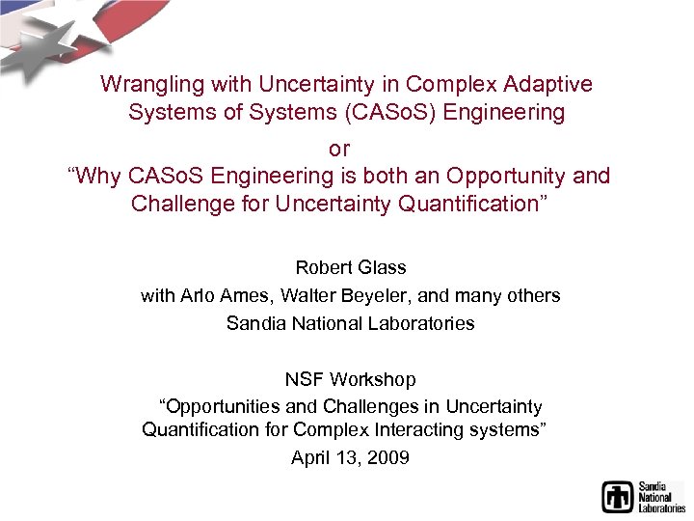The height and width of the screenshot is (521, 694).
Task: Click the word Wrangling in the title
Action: (x=146, y=85)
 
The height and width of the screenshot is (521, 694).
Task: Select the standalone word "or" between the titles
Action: (x=339, y=150)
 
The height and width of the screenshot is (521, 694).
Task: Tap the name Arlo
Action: (x=197, y=295)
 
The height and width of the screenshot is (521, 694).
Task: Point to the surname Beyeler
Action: (x=366, y=295)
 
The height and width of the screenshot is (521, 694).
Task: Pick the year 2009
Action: (x=389, y=457)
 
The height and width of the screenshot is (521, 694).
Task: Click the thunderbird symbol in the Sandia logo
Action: (x=617, y=496)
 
